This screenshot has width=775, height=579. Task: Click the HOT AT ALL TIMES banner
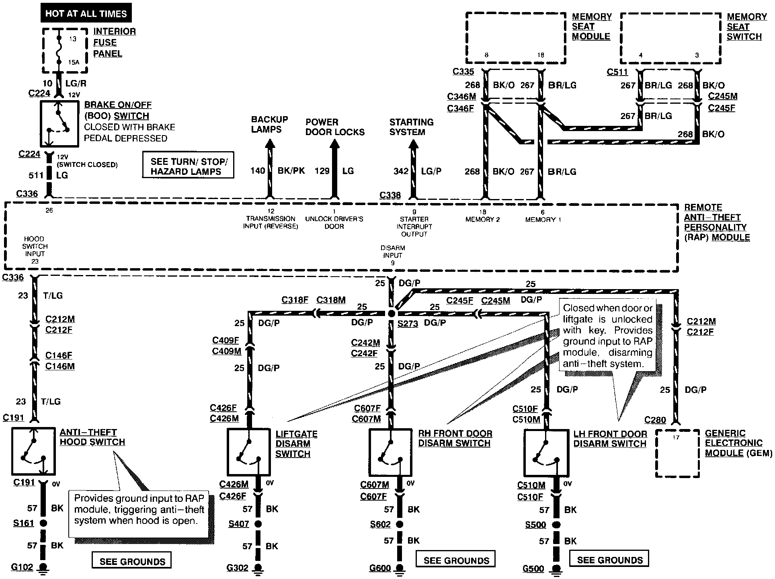pos(86,13)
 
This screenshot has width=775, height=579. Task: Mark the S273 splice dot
pos(392,314)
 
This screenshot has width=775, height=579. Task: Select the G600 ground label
pos(380,568)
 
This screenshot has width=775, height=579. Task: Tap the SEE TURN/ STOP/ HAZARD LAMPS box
pos(188,165)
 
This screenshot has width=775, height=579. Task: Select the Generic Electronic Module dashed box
pos(656,453)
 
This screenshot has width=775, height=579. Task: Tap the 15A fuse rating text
pos(74,62)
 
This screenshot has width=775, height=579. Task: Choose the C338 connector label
pos(390,195)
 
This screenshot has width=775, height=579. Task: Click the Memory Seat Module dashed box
pos(466,38)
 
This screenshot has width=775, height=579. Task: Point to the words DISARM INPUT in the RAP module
pos(393,252)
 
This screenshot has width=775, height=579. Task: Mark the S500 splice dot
pos(556,525)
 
